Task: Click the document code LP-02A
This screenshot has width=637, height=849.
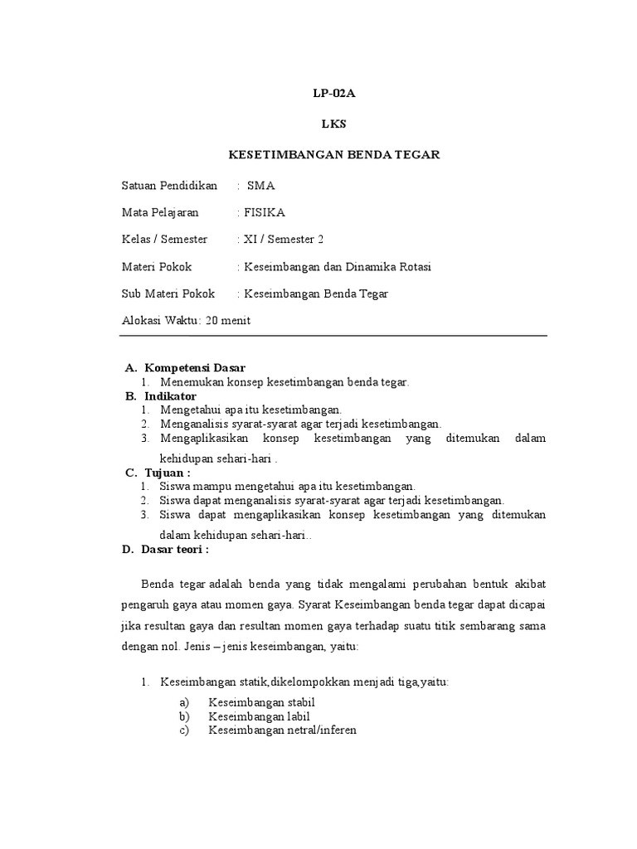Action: [333, 94]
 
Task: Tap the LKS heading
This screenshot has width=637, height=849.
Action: [333, 124]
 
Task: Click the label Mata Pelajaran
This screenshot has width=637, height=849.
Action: [160, 212]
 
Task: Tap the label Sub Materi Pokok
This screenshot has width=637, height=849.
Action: [168, 294]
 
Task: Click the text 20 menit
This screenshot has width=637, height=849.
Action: [228, 321]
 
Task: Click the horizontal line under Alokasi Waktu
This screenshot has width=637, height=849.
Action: [333, 336]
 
